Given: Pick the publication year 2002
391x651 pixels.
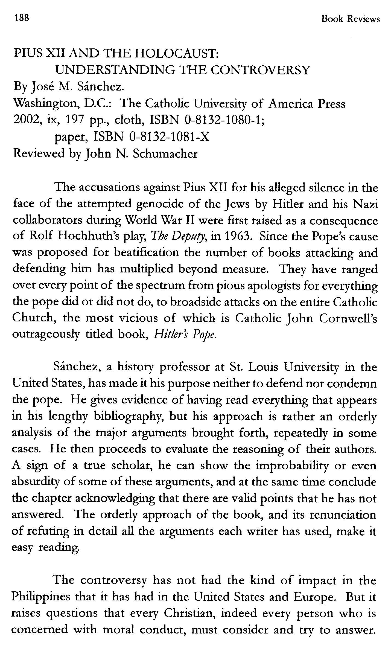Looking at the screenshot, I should (x=26, y=120).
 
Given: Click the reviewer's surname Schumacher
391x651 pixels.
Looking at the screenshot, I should (x=165, y=154).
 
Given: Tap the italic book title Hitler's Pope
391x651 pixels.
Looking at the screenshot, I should (x=185, y=335).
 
